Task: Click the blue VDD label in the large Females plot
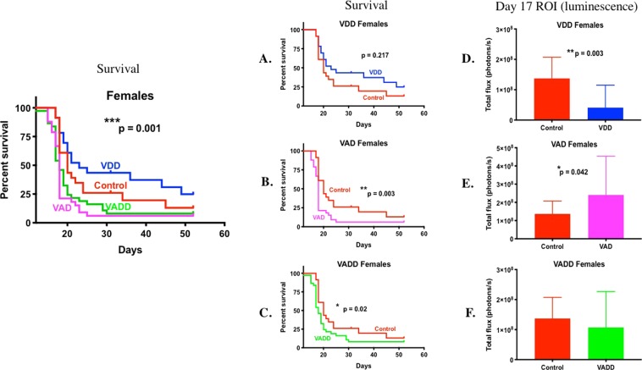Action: point(111,165)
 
